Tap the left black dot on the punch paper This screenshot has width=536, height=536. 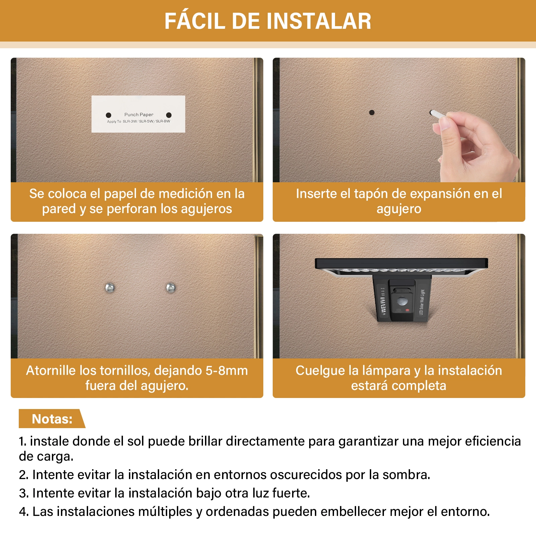point(109,115)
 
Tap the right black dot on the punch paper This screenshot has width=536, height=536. point(169,115)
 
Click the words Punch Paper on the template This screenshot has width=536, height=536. point(139,115)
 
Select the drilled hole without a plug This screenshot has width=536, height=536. point(372,113)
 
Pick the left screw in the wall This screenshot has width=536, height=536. point(110,288)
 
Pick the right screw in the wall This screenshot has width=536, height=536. point(171,288)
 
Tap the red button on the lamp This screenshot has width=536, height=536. point(407,310)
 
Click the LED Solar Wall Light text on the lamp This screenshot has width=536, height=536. point(421,302)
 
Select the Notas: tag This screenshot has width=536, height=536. point(52,419)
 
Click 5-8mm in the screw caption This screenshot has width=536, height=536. point(226,371)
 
